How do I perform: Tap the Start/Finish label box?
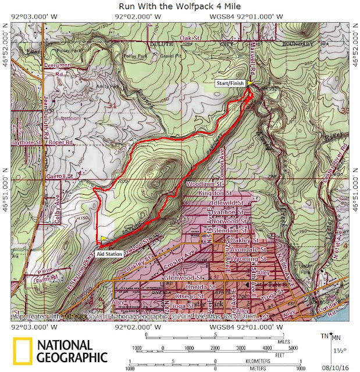[230, 84]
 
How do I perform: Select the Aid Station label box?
[109, 254]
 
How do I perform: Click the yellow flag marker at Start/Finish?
[250, 84]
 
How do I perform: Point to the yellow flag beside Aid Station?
[104, 238]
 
